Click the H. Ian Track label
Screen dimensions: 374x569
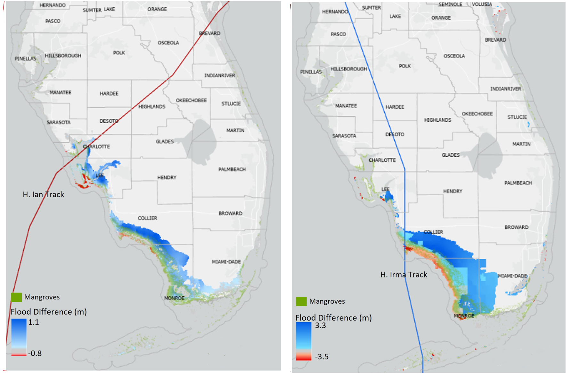point(43,194)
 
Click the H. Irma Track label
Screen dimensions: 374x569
point(404,275)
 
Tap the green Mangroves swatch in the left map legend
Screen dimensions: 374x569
point(16,297)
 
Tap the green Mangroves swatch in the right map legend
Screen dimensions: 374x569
point(301,301)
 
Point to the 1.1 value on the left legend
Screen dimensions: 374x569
point(34,322)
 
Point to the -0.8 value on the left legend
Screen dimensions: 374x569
point(35,353)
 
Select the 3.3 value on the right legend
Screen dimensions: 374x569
point(320,325)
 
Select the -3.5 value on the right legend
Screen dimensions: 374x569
point(322,357)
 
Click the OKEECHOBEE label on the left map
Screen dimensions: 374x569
point(191,100)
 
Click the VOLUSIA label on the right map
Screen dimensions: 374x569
point(482,4)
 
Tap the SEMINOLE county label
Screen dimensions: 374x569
point(450,4)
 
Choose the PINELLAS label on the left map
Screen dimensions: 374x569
point(25,58)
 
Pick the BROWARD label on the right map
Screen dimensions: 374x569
point(516,227)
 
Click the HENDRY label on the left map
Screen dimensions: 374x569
point(167,177)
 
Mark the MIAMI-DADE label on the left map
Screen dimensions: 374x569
point(226,262)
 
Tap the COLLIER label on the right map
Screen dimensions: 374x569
point(433,232)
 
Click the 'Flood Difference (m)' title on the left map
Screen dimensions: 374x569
point(49,312)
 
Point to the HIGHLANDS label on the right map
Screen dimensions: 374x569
point(437,120)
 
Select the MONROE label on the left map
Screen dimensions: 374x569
point(174,298)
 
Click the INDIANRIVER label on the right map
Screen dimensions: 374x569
point(506,89)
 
